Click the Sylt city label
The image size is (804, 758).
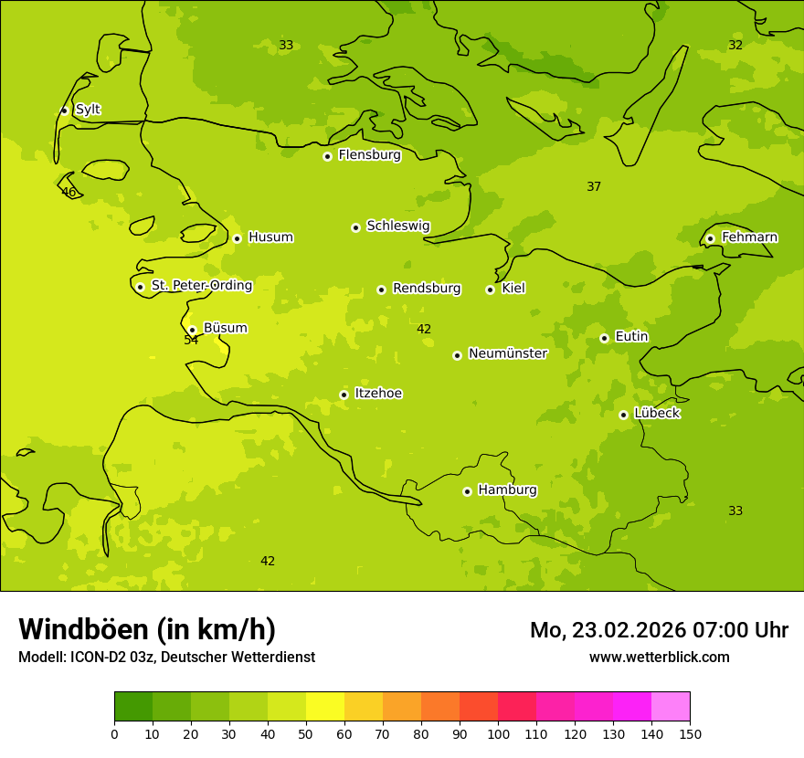[88, 110]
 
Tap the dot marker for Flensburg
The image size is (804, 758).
[327, 156]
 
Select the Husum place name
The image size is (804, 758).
[270, 237]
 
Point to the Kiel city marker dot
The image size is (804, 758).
[490, 290]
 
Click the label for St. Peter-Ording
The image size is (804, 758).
[201, 286]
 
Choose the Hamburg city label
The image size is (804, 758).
[507, 490]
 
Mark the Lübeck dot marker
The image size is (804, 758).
[623, 415]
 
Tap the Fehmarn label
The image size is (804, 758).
[749, 237]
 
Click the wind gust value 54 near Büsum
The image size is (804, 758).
[191, 341]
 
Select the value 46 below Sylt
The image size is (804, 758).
[69, 192]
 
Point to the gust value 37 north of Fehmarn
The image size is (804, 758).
[594, 187]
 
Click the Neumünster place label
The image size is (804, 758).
[507, 353]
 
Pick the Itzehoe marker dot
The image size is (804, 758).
[344, 395]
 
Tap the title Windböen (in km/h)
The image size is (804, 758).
[147, 629]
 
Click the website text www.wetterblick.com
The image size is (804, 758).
[659, 658]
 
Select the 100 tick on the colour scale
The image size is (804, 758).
[498, 734]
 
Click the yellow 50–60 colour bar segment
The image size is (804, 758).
[325, 707]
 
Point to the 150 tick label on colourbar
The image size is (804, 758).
[690, 734]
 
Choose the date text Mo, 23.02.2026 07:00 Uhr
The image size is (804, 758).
[659, 630]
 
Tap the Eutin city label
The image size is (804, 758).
[631, 337]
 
